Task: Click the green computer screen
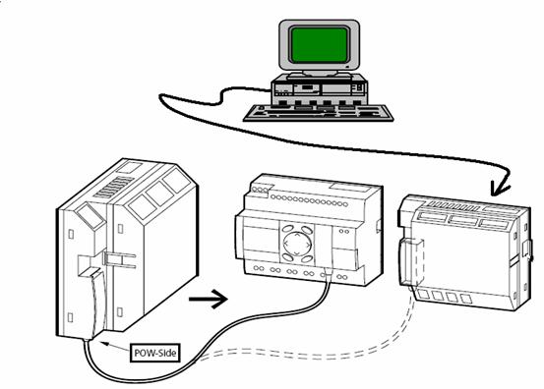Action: [x=319, y=45]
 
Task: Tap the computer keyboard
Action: [x=319, y=112]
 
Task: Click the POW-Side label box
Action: [x=155, y=353]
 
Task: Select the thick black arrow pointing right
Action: [x=208, y=299]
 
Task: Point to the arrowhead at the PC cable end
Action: [x=500, y=189]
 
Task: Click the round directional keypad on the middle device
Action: [x=297, y=244]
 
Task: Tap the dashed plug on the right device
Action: [x=412, y=262]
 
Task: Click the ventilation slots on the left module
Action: [x=114, y=188]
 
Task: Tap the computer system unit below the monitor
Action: [x=319, y=88]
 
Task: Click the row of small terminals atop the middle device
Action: [x=309, y=200]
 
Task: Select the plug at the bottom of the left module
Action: [x=93, y=305]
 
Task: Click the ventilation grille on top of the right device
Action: [x=453, y=206]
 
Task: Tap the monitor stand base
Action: [x=319, y=74]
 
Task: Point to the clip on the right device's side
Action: [x=527, y=249]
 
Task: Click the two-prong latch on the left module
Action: [x=119, y=259]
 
